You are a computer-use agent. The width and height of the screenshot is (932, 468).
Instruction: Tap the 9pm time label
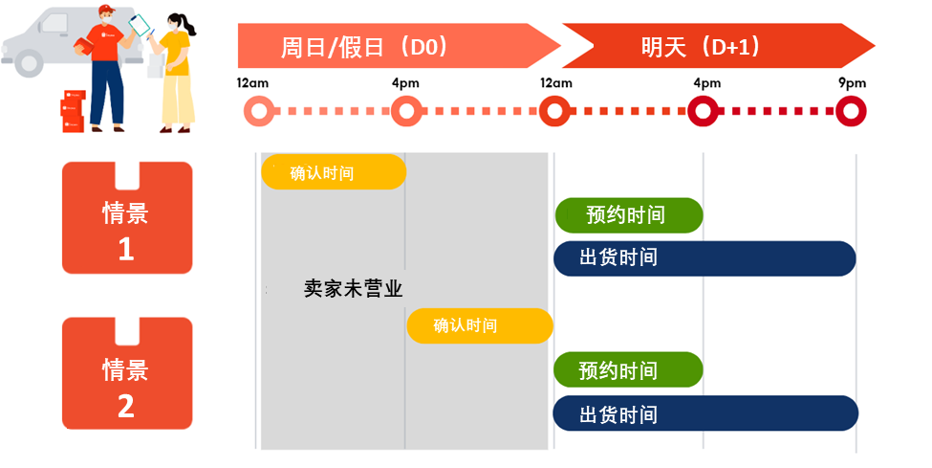pyautogui.click(x=851, y=83)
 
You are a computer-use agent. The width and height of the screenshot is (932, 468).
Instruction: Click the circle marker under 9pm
pyautogui.click(x=851, y=112)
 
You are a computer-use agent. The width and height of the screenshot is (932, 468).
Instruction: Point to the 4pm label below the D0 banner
pyautogui.click(x=405, y=83)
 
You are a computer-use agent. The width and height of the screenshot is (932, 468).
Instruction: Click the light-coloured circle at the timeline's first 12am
pyautogui.click(x=256, y=112)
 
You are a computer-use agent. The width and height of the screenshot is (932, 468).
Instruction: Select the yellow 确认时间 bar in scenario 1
pyautogui.click(x=333, y=172)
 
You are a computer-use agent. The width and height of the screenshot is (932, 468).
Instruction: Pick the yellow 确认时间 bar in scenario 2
pyautogui.click(x=480, y=326)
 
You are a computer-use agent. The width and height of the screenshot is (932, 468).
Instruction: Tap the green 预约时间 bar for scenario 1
pyautogui.click(x=628, y=215)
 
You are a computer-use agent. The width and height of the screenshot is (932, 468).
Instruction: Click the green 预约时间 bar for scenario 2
pyautogui.click(x=628, y=369)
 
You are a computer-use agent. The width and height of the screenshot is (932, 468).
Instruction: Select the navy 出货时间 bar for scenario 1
pyautogui.click(x=704, y=258)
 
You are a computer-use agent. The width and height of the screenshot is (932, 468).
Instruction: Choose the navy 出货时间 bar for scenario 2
pyautogui.click(x=704, y=413)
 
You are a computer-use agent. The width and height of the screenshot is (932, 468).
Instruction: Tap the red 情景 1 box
pyautogui.click(x=126, y=218)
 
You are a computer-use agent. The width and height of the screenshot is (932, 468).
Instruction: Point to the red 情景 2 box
pyautogui.click(x=126, y=373)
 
